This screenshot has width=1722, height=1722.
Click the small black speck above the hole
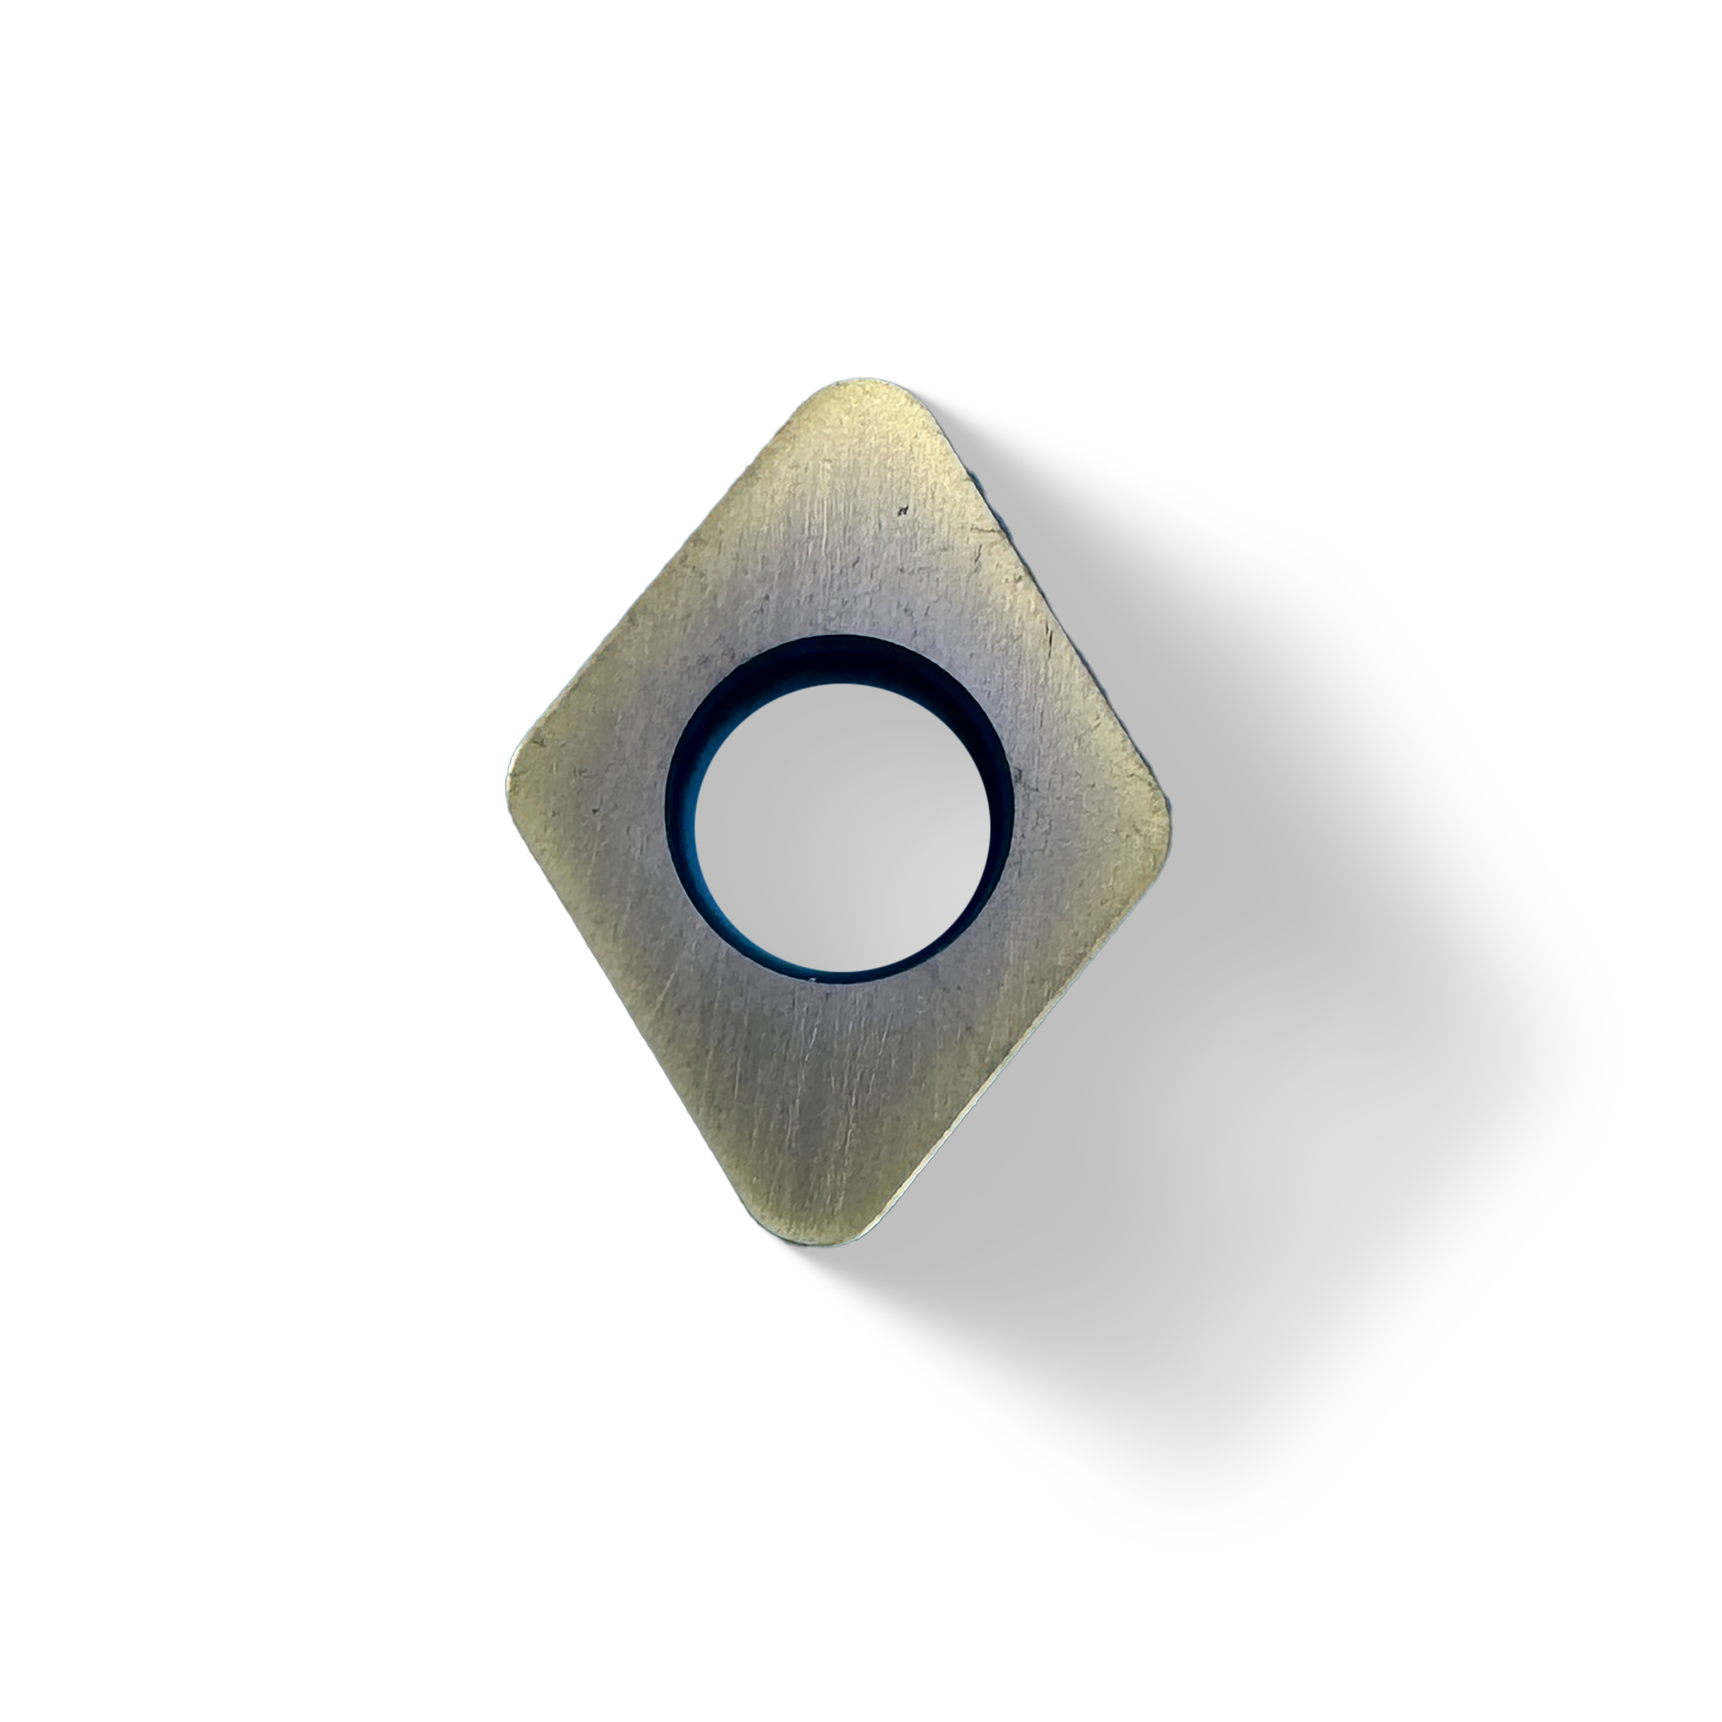pos(903,511)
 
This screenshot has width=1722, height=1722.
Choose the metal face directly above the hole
pos(847,553)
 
